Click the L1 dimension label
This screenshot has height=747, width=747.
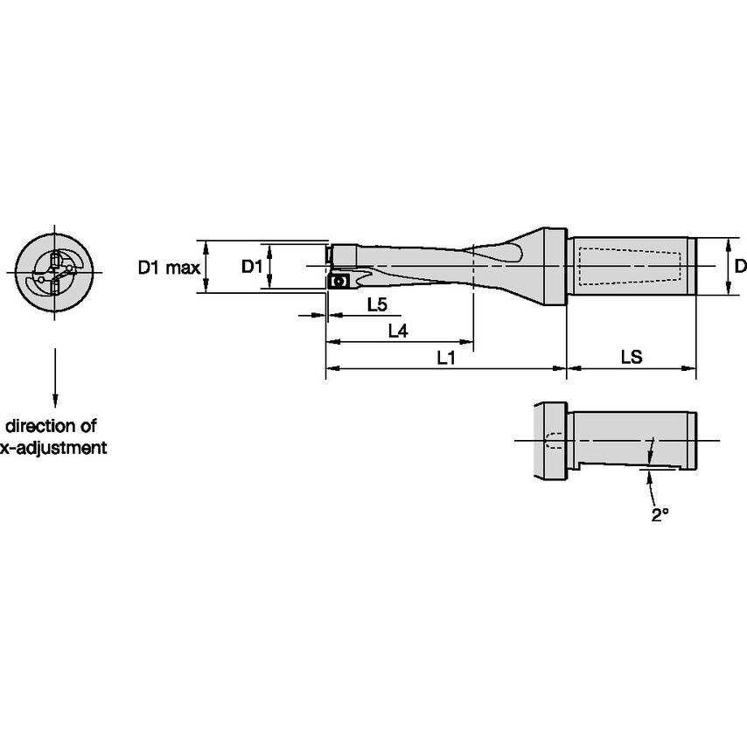[446, 357]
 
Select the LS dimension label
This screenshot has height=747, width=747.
[631, 357]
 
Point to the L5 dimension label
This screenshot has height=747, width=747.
[377, 304]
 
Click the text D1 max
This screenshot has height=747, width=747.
[169, 267]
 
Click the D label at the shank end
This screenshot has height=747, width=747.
[739, 266]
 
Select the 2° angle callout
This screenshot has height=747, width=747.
[660, 515]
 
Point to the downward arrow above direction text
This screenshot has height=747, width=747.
[54, 376]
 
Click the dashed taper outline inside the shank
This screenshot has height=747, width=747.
[628, 265]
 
